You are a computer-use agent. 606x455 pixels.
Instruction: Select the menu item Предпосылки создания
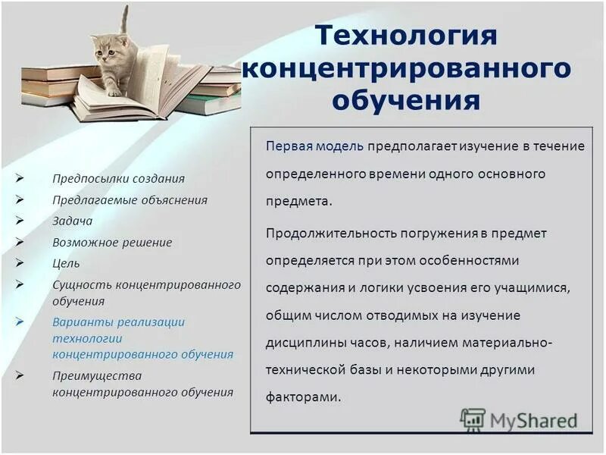118,179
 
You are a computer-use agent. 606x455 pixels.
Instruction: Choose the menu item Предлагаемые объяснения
130,200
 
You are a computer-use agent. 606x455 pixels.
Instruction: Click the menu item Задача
72,221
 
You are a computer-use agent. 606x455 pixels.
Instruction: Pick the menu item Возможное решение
112,243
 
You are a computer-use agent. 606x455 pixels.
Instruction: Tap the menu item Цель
66,264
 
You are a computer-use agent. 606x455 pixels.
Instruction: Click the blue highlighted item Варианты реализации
118,322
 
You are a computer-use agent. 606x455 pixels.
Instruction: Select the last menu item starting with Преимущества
97,375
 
